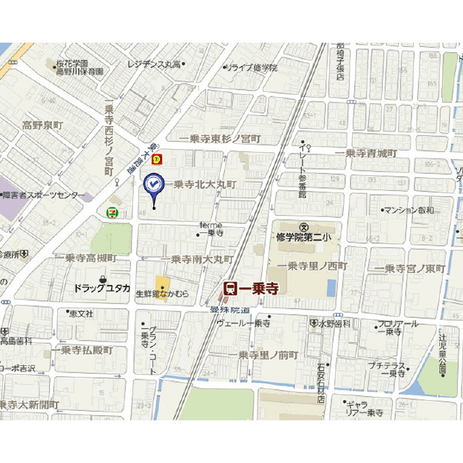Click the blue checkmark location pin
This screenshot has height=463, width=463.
click(x=153, y=186)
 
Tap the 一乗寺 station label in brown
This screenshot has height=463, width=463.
click(x=250, y=288)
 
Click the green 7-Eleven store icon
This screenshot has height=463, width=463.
click(x=111, y=212)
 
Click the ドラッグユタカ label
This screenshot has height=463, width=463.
click(x=101, y=288)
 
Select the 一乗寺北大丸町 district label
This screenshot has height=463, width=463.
click(x=205, y=184)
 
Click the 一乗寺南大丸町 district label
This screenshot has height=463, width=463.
click(x=197, y=259)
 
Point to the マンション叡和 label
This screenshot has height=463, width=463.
click(x=409, y=210)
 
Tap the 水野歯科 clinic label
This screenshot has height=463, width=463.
click(x=335, y=323)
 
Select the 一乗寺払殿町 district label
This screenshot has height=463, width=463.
click(x=82, y=350)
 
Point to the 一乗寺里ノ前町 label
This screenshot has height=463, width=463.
click(x=268, y=354)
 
